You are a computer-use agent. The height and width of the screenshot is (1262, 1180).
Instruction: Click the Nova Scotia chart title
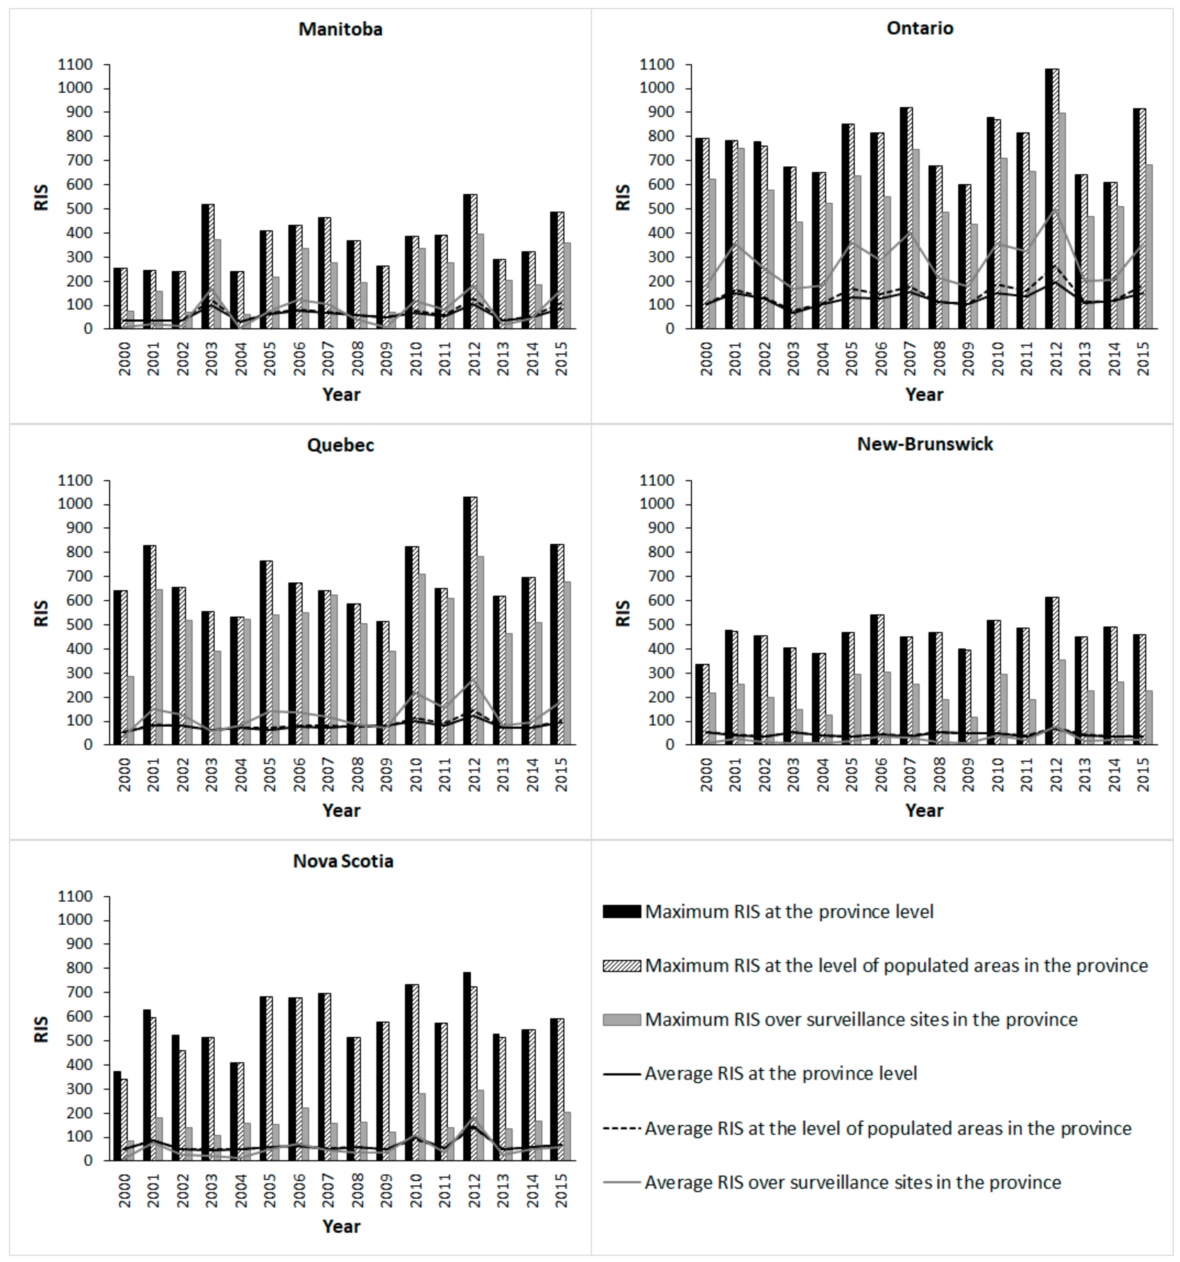(343, 861)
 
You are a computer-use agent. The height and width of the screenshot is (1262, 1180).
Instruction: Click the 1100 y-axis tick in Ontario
(657, 64)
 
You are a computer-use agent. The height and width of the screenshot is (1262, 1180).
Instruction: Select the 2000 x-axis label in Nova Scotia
(124, 1190)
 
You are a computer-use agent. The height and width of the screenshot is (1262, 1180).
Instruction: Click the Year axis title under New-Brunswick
(924, 811)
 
